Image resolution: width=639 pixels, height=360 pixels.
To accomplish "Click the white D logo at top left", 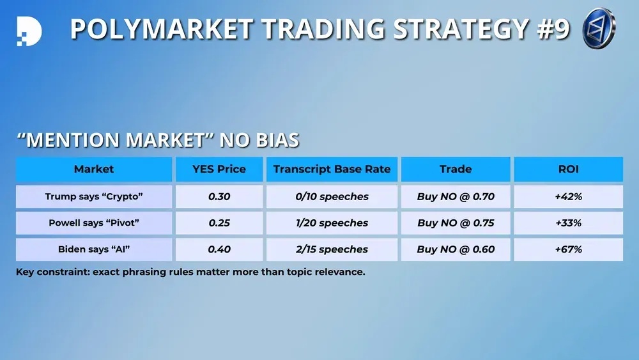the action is point(29,31).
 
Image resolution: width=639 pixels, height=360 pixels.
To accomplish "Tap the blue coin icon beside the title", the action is point(599,28).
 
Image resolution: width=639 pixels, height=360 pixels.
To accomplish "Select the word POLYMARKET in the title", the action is point(162,29).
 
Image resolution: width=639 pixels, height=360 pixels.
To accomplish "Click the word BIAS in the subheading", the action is point(277,140).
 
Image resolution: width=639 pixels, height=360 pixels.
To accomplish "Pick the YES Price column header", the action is point(219,169).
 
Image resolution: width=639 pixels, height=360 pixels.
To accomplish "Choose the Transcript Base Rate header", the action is point(332,169).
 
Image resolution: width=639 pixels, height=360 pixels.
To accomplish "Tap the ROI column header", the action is point(569,169).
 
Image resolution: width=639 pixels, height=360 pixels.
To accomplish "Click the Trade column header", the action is point(456,169).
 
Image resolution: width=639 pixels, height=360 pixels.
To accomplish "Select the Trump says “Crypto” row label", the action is point(94,196).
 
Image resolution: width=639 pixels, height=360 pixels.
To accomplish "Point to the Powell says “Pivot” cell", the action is point(94,223).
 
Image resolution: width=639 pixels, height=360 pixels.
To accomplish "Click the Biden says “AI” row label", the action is point(94,249).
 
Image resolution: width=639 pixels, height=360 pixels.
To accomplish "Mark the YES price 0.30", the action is point(219,196).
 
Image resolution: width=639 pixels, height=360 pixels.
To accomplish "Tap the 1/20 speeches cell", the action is point(332,223).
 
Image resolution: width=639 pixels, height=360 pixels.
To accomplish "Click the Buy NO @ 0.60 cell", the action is point(456,249).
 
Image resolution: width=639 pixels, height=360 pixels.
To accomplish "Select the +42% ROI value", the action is point(569,196).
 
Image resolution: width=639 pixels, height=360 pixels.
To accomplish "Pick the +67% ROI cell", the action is point(569,249).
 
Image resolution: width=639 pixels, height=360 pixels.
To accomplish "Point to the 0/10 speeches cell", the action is point(332,196).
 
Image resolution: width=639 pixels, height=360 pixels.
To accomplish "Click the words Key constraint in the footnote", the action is point(52,272).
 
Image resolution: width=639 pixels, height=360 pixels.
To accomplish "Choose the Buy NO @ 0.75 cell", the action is point(456,223).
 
